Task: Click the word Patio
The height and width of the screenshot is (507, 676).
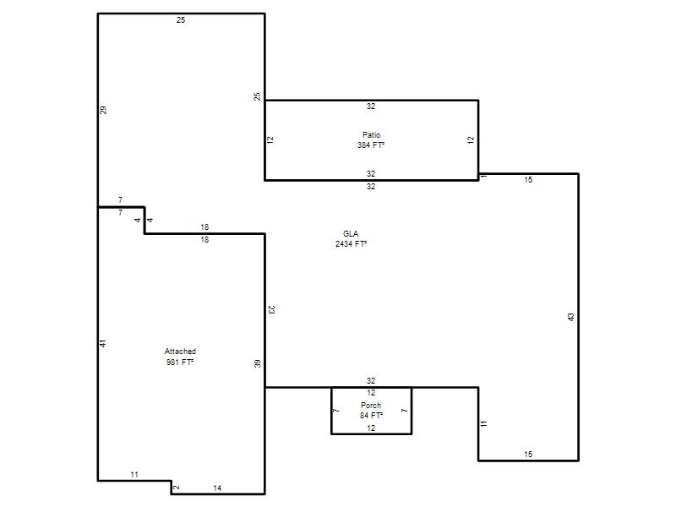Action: (x=371, y=135)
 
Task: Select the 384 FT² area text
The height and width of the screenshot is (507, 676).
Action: (x=371, y=145)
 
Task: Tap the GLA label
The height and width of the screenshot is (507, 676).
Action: (x=351, y=234)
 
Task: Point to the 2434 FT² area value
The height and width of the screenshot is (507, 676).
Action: (x=351, y=244)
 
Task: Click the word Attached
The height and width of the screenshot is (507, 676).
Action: (x=180, y=352)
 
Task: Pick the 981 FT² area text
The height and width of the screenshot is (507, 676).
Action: (x=180, y=363)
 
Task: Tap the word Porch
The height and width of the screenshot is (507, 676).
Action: (x=371, y=406)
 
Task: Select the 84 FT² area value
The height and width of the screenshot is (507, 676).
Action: (x=371, y=416)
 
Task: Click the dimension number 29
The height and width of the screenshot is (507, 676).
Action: (x=103, y=110)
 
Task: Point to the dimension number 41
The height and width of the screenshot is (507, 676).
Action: (x=103, y=344)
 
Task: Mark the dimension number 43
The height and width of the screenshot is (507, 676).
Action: (x=571, y=318)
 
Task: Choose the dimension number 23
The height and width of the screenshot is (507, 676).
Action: (x=271, y=309)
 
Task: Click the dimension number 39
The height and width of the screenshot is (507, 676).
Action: (x=258, y=364)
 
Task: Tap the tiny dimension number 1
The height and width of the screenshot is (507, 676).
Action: (x=483, y=176)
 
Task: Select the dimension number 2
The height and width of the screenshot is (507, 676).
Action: (x=176, y=488)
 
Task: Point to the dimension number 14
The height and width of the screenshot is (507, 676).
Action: (x=217, y=488)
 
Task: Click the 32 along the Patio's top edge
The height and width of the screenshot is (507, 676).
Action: (x=371, y=106)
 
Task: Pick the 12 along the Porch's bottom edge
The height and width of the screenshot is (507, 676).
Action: (x=371, y=428)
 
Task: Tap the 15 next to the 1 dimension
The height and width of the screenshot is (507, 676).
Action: (x=528, y=180)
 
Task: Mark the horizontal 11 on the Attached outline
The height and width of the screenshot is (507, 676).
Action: (x=134, y=475)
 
